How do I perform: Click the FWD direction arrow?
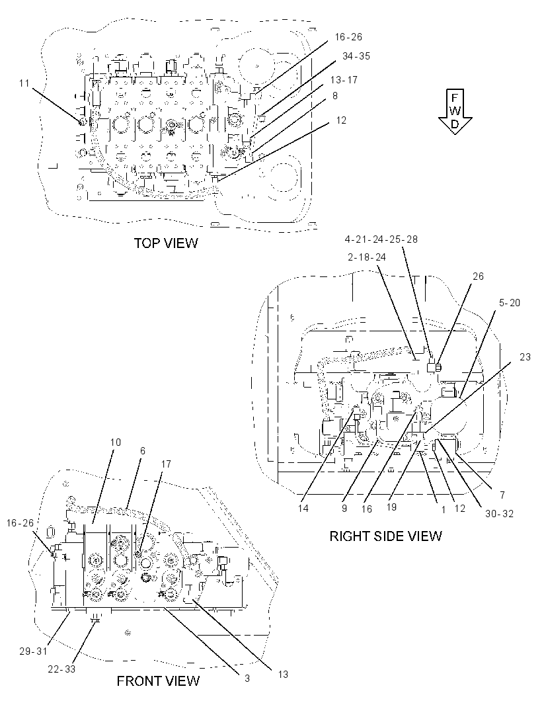click(455, 111)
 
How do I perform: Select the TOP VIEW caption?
click(166, 243)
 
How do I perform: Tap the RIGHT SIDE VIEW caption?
click(385, 536)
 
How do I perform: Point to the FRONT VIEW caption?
click(158, 681)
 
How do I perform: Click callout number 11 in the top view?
click(24, 83)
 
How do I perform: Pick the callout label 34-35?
click(356, 56)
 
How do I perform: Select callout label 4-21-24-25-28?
click(381, 239)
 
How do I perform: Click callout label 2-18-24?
click(367, 257)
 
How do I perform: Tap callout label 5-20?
click(509, 303)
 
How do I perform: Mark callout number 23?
click(525, 357)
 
